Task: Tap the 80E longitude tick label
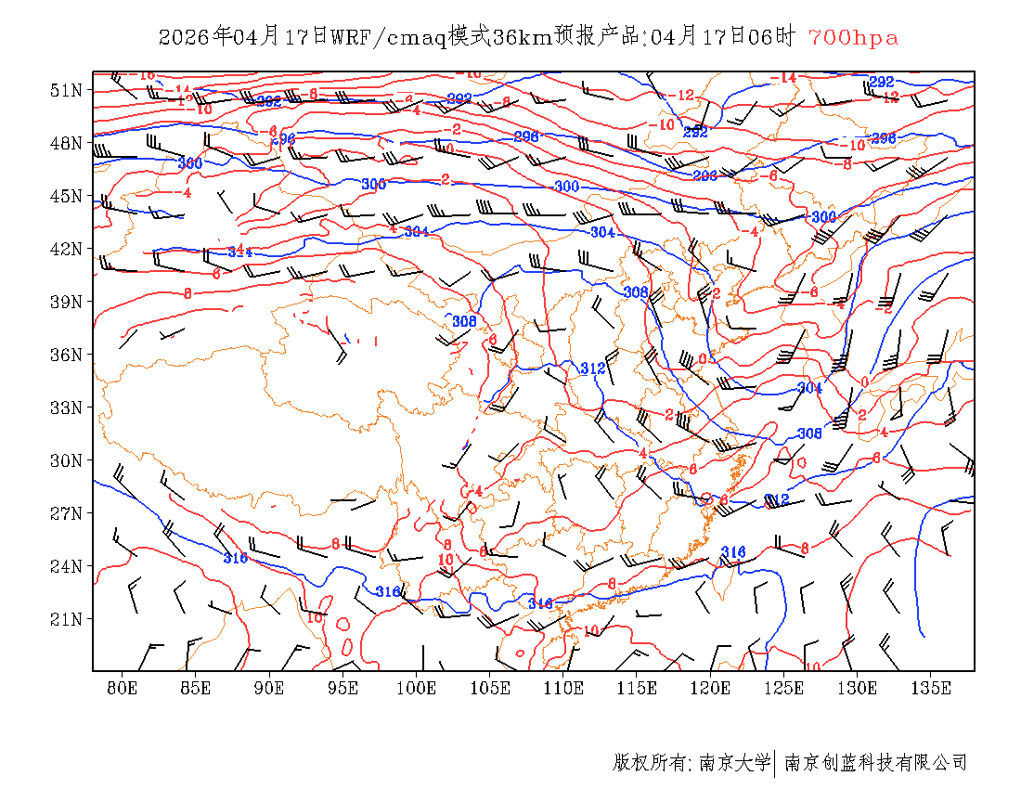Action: [123, 689]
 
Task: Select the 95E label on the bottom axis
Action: [343, 689]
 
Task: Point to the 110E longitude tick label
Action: [563, 689]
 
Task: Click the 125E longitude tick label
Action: [784, 689]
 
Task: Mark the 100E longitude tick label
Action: [417, 689]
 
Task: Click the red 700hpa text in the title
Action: [853, 38]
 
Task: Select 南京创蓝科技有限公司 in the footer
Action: [876, 763]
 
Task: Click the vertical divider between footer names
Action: [775, 763]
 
